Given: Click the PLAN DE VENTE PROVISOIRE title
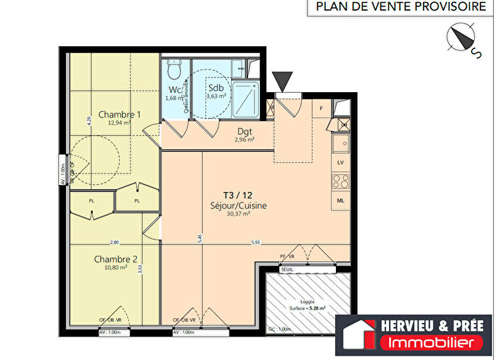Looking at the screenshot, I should click(x=397, y=8).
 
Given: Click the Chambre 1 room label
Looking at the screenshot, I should click(x=119, y=114).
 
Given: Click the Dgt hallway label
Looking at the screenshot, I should click(x=244, y=131).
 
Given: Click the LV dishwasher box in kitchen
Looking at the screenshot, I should click(x=340, y=163).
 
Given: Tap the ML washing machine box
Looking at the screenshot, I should click(x=340, y=201).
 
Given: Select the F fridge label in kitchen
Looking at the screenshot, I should click(x=321, y=108).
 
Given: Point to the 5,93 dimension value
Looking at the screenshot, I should click(x=256, y=243).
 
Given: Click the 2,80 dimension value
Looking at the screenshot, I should click(x=114, y=243).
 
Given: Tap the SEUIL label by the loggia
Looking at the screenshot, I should click(x=287, y=269).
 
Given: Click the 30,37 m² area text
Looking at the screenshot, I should click(x=237, y=214).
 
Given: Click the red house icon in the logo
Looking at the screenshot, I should click(x=360, y=334).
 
